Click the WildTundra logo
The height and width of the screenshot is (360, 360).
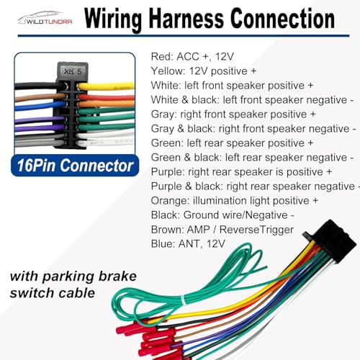point(45,18)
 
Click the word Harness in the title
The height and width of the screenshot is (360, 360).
point(186,19)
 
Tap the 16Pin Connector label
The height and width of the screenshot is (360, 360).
point(75,166)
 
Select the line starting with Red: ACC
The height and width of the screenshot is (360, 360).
point(192,57)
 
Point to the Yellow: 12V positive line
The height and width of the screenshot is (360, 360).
point(204,71)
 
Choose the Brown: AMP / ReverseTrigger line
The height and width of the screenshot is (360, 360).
point(222,230)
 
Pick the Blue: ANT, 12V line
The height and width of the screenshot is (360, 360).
point(188,244)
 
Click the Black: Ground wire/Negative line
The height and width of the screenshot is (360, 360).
point(222,215)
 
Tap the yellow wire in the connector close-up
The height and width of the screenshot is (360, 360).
point(107,86)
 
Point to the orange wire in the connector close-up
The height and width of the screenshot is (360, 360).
point(107,104)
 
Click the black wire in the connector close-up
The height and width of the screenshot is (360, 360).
point(38,86)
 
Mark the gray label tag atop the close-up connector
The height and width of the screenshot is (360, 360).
point(73,71)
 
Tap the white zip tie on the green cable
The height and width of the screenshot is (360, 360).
point(184,300)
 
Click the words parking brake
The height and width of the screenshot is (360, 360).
point(89,276)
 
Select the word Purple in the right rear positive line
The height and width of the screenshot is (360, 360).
point(166,172)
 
